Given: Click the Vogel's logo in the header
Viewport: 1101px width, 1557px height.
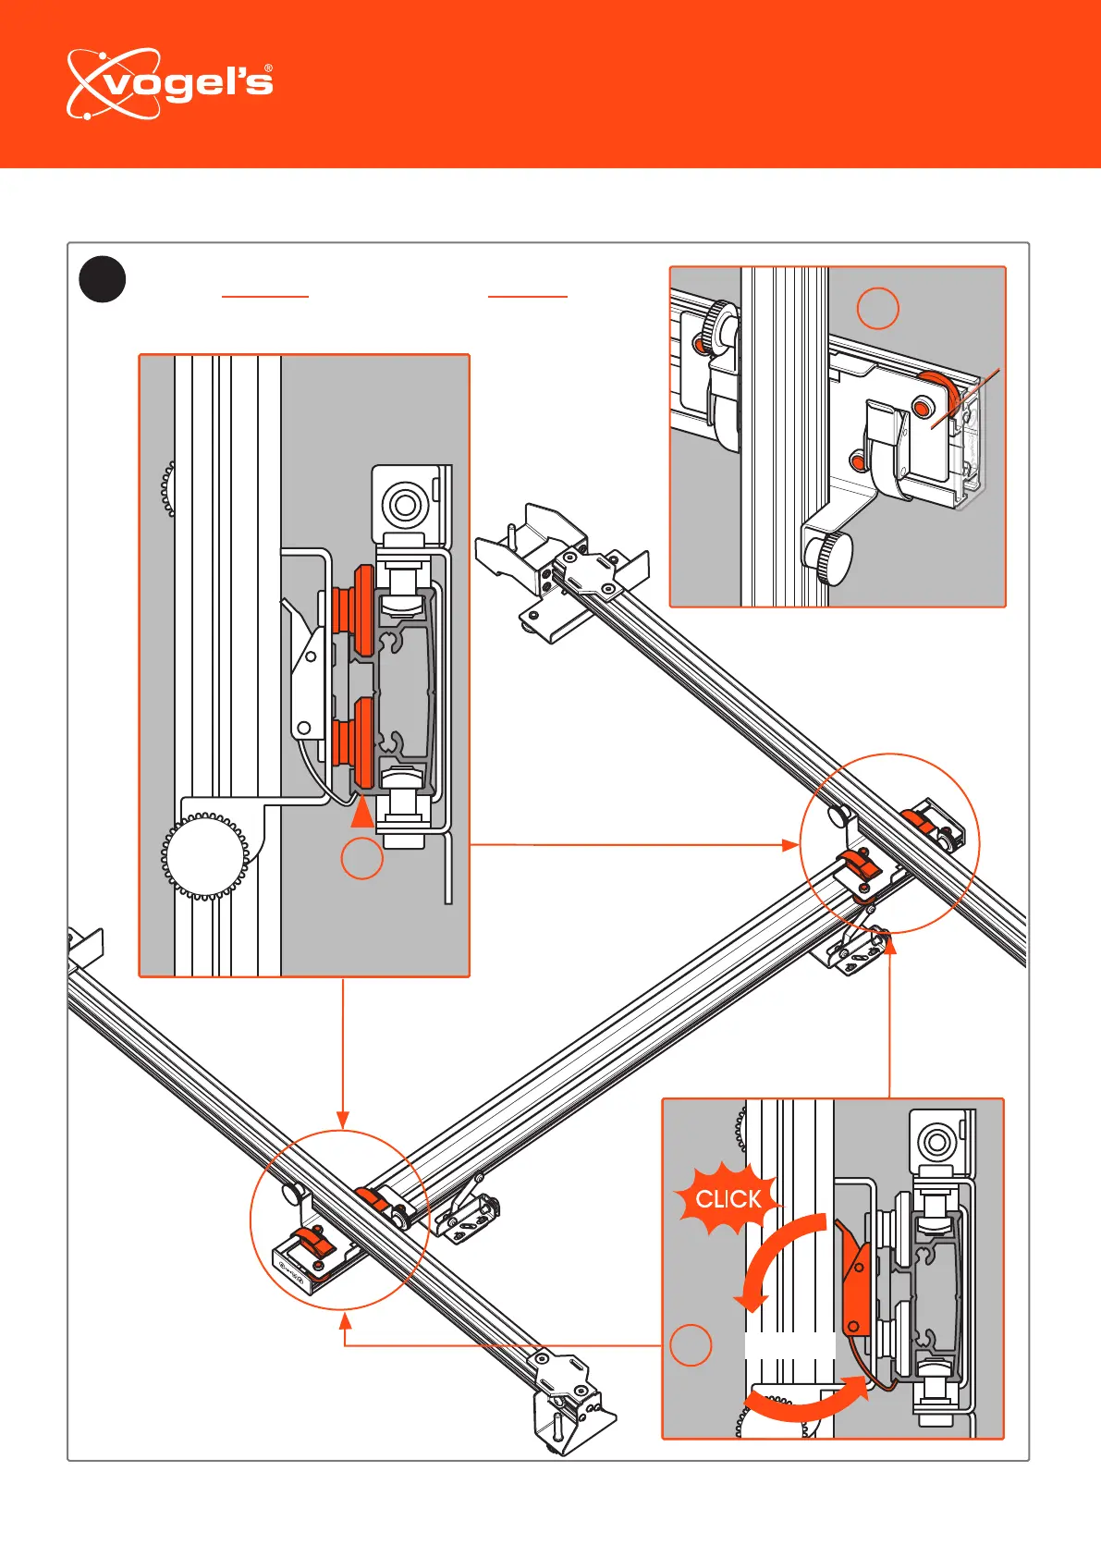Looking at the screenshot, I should click(169, 84).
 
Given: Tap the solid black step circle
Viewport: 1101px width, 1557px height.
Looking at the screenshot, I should click(102, 278).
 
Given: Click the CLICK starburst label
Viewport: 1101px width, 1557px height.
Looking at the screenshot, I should click(728, 1199).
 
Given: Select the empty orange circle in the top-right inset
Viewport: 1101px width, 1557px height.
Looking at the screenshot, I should click(877, 308).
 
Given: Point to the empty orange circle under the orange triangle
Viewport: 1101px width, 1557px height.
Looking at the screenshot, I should click(362, 859).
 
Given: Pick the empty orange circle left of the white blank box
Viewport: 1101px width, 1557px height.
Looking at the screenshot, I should click(690, 1344).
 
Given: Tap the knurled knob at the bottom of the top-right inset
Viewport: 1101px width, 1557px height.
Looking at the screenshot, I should click(827, 558).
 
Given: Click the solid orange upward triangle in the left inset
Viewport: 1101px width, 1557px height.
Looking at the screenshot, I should click(362, 813).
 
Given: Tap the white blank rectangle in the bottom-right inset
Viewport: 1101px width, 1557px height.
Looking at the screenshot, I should click(789, 1346).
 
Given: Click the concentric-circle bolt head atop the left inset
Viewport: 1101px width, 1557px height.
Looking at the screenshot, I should click(404, 505).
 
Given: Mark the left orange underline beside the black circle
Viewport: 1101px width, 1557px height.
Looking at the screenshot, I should click(264, 297).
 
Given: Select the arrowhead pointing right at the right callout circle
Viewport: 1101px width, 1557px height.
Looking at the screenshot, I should click(790, 845).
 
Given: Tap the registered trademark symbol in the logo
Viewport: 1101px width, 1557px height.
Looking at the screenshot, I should click(268, 68).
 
